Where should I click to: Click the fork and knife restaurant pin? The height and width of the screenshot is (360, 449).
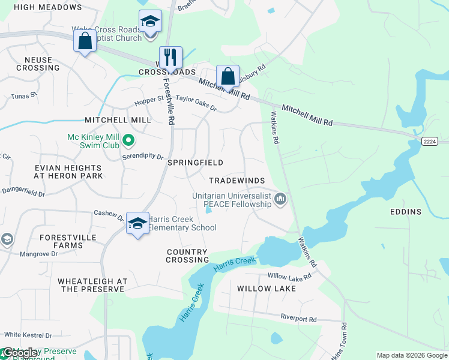pos(170,58)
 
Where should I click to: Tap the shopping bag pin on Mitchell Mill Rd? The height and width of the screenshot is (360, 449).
pos(228,77)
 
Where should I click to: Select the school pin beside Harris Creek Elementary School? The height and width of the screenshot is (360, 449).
pos(137,224)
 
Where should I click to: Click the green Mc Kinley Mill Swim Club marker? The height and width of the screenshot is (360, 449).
pos(128,141)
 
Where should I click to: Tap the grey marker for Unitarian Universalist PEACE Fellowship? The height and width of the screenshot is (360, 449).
pos(280,199)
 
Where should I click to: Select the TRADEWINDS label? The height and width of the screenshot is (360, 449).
pos(237,181)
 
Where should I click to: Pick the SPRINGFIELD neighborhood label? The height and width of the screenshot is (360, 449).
pos(195,163)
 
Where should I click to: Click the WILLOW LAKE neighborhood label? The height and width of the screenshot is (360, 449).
pos(267,289)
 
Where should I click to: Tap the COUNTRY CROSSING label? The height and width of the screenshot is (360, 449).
pos(188,256)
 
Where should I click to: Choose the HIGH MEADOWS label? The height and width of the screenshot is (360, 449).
pos(47,7)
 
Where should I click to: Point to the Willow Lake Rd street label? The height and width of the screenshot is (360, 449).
pos(289,277)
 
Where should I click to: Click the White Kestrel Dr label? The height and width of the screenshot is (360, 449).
pos(28,335)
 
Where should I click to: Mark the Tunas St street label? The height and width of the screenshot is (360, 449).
pos(25,95)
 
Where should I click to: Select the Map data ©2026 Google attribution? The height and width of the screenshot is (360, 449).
pos(412,355)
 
